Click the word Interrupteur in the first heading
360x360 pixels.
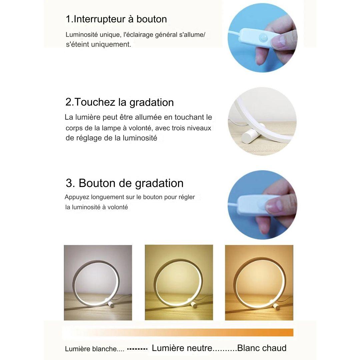[99, 19]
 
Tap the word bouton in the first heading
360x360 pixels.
[152, 19]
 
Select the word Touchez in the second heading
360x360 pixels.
[95, 102]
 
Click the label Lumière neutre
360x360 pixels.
[182, 348]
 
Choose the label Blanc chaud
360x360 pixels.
[262, 348]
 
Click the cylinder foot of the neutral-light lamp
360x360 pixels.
[194, 305]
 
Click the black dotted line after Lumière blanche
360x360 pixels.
[137, 349]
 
